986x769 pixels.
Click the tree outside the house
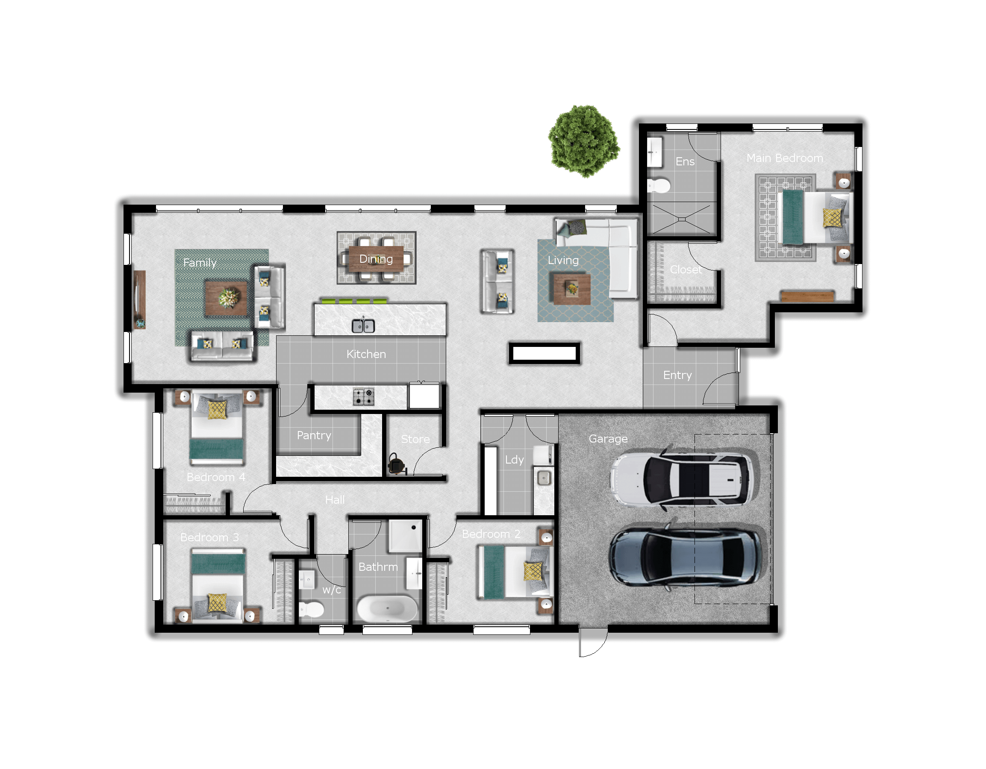[x=584, y=141]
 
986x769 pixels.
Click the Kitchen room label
[x=366, y=354]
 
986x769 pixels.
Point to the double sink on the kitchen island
[x=363, y=326]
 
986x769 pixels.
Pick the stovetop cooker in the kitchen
[x=363, y=397]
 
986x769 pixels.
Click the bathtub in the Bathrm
[x=387, y=608]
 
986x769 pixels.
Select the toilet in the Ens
[x=658, y=185]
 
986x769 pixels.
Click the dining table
[x=376, y=258]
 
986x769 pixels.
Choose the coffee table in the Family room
[x=227, y=298]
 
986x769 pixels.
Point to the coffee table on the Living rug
[x=570, y=288]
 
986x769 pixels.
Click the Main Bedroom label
[x=785, y=158]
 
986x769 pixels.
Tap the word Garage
[x=608, y=439]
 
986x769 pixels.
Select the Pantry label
[x=314, y=435]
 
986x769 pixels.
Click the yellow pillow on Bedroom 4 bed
[x=217, y=409]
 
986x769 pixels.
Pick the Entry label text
[x=677, y=375]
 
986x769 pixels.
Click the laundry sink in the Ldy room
[x=544, y=478]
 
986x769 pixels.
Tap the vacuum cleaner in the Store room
[x=396, y=464]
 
